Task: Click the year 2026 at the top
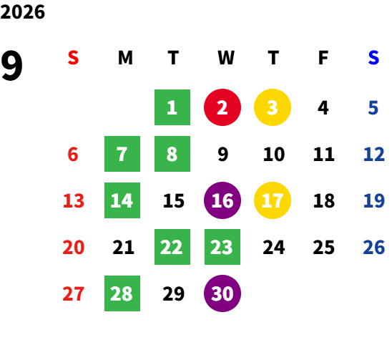[22, 12]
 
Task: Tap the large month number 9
[11, 66]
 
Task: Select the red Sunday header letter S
[73, 58]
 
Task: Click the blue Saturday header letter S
[373, 58]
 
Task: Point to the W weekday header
[226, 58]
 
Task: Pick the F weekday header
[323, 58]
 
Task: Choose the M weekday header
[125, 58]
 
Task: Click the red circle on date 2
[222, 107]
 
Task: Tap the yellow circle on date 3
[273, 107]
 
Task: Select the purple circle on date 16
[222, 200]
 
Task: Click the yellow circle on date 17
[273, 200]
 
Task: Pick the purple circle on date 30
[222, 293]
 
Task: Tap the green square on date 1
[172, 107]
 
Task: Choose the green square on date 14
[122, 200]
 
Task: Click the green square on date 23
[222, 247]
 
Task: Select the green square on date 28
[122, 293]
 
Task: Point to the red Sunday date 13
[74, 200]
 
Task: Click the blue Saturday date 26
[373, 247]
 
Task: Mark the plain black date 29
[174, 293]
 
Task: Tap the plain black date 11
[324, 154]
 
